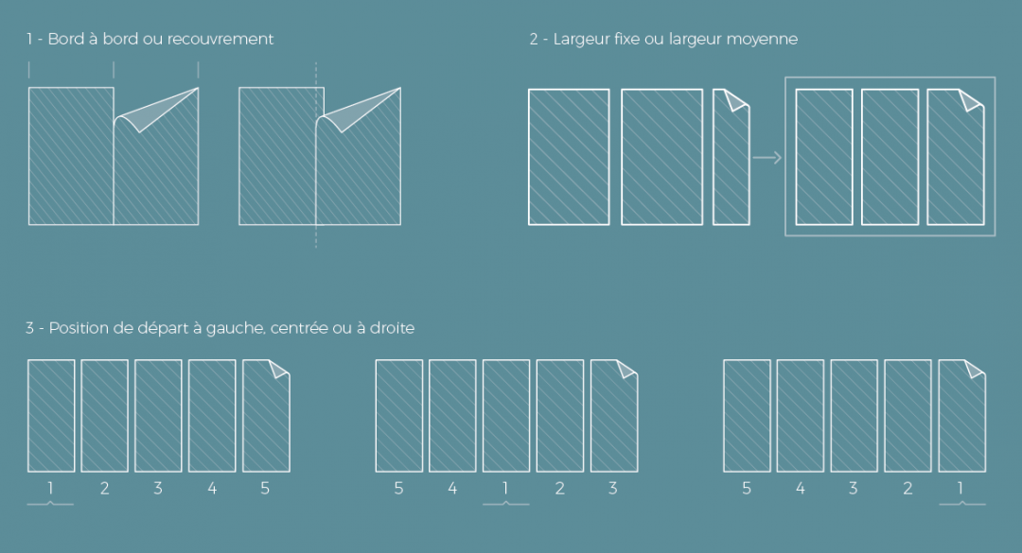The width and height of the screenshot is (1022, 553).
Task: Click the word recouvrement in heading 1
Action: pyautogui.click(x=220, y=39)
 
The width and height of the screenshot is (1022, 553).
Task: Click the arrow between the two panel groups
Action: pyautogui.click(x=766, y=158)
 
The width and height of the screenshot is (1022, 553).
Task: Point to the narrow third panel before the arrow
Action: pyautogui.click(x=731, y=157)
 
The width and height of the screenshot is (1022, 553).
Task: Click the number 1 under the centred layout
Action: pyautogui.click(x=505, y=489)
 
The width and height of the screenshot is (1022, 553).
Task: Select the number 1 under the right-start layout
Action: pyautogui.click(x=960, y=489)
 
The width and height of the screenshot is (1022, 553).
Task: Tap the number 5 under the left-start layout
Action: pyautogui.click(x=265, y=489)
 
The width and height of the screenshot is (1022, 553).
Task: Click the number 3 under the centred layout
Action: pyautogui.click(x=612, y=489)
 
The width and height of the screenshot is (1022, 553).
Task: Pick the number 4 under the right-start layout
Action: pyautogui.click(x=801, y=489)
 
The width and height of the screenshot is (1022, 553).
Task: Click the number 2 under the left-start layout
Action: pyautogui.click(x=104, y=489)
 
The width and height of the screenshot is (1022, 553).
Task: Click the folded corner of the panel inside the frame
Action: pyautogui.click(x=970, y=100)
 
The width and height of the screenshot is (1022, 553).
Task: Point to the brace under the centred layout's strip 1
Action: pyautogui.click(x=505, y=504)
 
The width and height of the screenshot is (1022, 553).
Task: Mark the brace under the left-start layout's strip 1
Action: pyautogui.click(x=50, y=504)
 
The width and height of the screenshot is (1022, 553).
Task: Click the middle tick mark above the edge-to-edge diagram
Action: pyautogui.click(x=114, y=70)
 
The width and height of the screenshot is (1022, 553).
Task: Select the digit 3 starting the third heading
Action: pyautogui.click(x=30, y=328)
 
